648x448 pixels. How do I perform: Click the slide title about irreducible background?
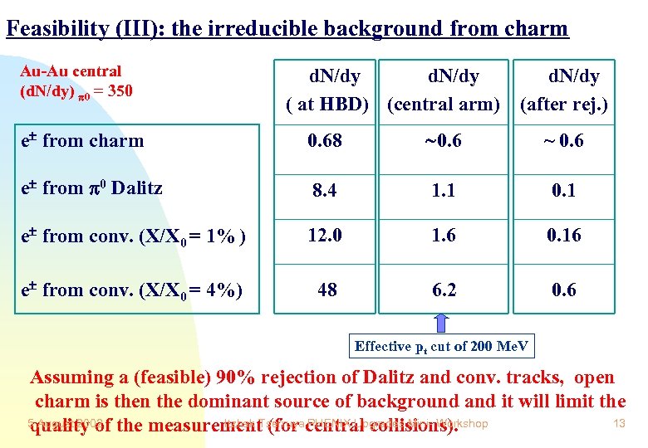287,29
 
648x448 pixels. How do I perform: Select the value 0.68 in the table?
324,141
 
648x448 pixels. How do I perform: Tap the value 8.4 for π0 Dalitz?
324,191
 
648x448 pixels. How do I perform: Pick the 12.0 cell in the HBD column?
326,236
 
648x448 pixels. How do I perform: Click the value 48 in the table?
327,290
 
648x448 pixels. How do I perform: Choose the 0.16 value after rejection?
564,236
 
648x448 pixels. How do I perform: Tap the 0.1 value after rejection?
564,191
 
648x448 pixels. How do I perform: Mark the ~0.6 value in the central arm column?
443,141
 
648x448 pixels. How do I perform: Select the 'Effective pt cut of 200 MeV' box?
442,346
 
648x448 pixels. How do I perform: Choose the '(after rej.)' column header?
564,105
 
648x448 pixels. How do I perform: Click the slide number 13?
617,424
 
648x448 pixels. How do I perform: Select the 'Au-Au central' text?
71,71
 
